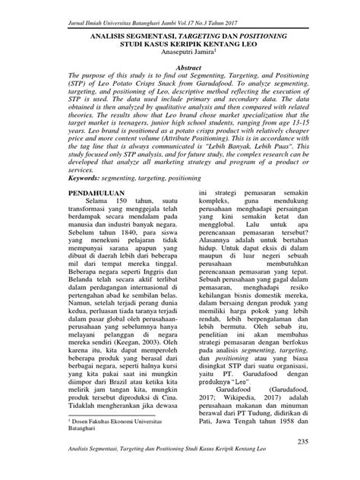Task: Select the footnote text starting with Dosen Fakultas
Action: coord(105,441)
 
